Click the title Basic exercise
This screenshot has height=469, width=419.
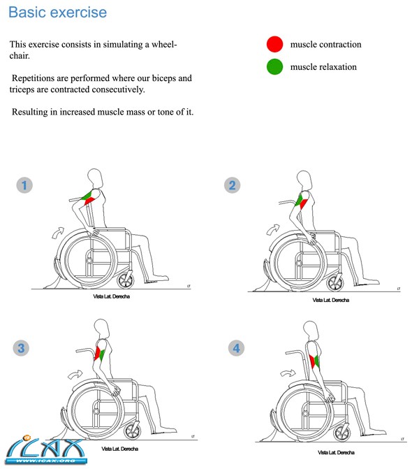pyautogui.click(x=58, y=13)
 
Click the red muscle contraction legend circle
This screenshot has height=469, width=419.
pyautogui.click(x=275, y=45)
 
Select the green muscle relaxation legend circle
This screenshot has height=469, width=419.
pyautogui.click(x=275, y=67)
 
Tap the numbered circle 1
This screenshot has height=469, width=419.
pyautogui.click(x=25, y=185)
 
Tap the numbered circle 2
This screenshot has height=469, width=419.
pyautogui.click(x=233, y=185)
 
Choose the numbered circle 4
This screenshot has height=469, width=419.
pyautogui.click(x=237, y=347)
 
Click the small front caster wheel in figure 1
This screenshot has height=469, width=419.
pyautogui.click(x=126, y=280)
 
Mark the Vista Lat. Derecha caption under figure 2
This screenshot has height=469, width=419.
pyautogui.click(x=330, y=300)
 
